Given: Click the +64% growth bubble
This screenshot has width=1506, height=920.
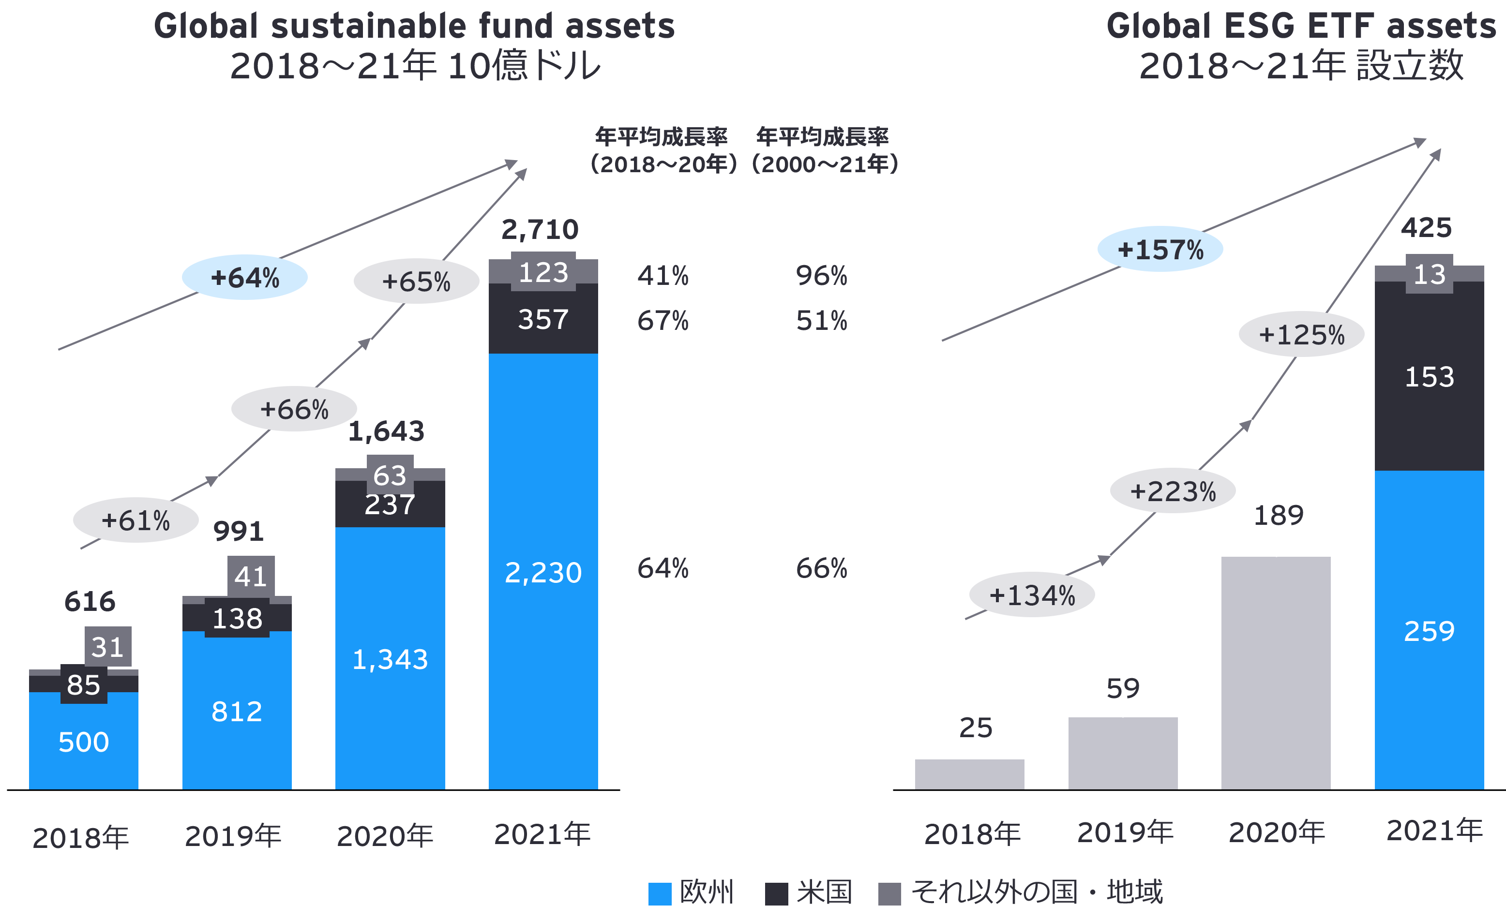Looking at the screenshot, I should pos(244,277).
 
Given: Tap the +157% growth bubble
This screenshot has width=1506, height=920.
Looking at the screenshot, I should pos(1160,249).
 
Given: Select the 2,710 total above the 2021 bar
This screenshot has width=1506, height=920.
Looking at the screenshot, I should pos(540,230).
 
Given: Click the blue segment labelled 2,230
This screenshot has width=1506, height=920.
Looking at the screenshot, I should pos(543,572).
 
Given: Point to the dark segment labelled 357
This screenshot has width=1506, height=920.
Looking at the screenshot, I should pos(543,319).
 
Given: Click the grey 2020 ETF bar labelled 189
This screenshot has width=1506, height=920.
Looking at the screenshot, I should pos(1276,672).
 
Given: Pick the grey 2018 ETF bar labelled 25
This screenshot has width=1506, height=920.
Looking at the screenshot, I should pos(969,774).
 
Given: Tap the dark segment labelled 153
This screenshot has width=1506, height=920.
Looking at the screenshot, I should pos(1429,376).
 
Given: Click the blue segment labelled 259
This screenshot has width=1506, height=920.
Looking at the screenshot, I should pos(1429,630).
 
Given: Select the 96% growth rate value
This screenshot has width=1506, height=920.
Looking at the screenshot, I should pos(821,276).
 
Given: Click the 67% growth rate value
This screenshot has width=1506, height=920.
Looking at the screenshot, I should pos(663,321).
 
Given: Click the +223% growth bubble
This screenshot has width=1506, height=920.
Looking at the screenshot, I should pos(1172,491).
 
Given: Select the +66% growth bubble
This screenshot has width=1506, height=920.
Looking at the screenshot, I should pos(294,409).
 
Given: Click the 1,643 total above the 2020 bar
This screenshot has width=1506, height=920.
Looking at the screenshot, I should pos(386,431).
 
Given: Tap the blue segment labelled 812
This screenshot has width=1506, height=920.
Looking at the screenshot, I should pos(237,712).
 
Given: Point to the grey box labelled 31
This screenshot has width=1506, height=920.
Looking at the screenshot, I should pos(107,646).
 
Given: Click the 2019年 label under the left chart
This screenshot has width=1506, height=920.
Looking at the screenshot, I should pos(233,836).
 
